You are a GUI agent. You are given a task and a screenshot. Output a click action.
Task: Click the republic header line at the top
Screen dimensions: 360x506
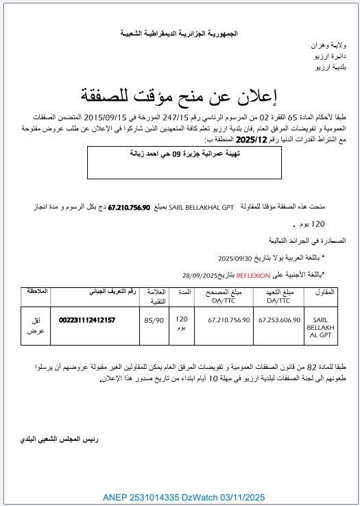(x=181, y=32)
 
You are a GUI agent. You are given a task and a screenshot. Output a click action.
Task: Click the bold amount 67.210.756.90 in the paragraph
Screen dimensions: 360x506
(x=129, y=206)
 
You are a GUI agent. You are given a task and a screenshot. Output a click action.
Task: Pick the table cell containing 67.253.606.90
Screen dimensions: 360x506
(x=279, y=320)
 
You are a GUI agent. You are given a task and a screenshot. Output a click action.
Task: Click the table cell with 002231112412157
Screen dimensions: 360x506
(x=87, y=320)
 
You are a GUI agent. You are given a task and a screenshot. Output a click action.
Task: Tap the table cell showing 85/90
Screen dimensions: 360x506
(x=154, y=320)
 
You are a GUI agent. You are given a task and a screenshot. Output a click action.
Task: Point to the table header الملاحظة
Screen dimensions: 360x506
(x=37, y=291)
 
